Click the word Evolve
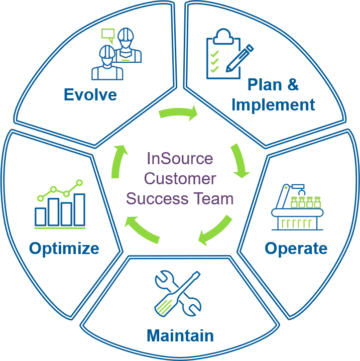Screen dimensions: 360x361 point(90,94)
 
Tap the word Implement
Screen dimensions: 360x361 point(273,105)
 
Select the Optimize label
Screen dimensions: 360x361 point(64,249)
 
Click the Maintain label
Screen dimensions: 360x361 point(180,336)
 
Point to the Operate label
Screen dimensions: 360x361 point(296,249)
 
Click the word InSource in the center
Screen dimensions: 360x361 point(180,158)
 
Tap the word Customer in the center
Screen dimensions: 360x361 point(180,178)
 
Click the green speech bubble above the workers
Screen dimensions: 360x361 point(108,35)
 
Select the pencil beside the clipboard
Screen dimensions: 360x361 point(239,58)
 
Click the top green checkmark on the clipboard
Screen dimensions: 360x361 point(214,54)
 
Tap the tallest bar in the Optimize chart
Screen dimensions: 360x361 point(79,210)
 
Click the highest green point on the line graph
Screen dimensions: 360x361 point(79,183)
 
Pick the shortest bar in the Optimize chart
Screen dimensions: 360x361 point(40,216)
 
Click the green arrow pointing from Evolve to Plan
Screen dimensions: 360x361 point(178,112)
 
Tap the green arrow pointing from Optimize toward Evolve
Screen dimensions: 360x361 point(118,161)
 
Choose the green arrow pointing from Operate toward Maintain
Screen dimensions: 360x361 point(215,230)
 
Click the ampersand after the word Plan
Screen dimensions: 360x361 point(293,84)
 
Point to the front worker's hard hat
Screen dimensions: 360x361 point(107,52)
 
